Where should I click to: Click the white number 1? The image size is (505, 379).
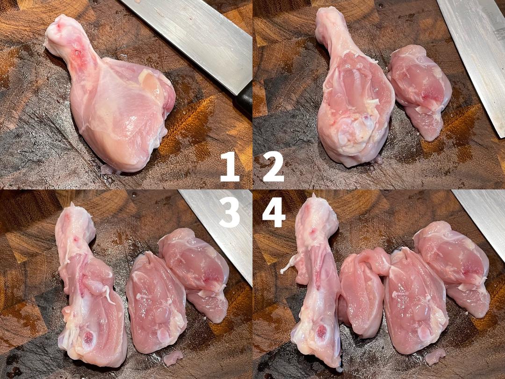[230, 167]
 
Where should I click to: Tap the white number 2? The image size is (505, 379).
[274, 167]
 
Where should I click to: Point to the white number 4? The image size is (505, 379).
[274, 212]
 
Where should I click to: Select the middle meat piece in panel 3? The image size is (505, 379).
[156, 303]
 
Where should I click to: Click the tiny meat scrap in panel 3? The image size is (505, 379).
[173, 358]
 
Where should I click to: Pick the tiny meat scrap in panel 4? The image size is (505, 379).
[435, 357]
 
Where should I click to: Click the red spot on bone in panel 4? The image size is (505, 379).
[321, 331]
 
